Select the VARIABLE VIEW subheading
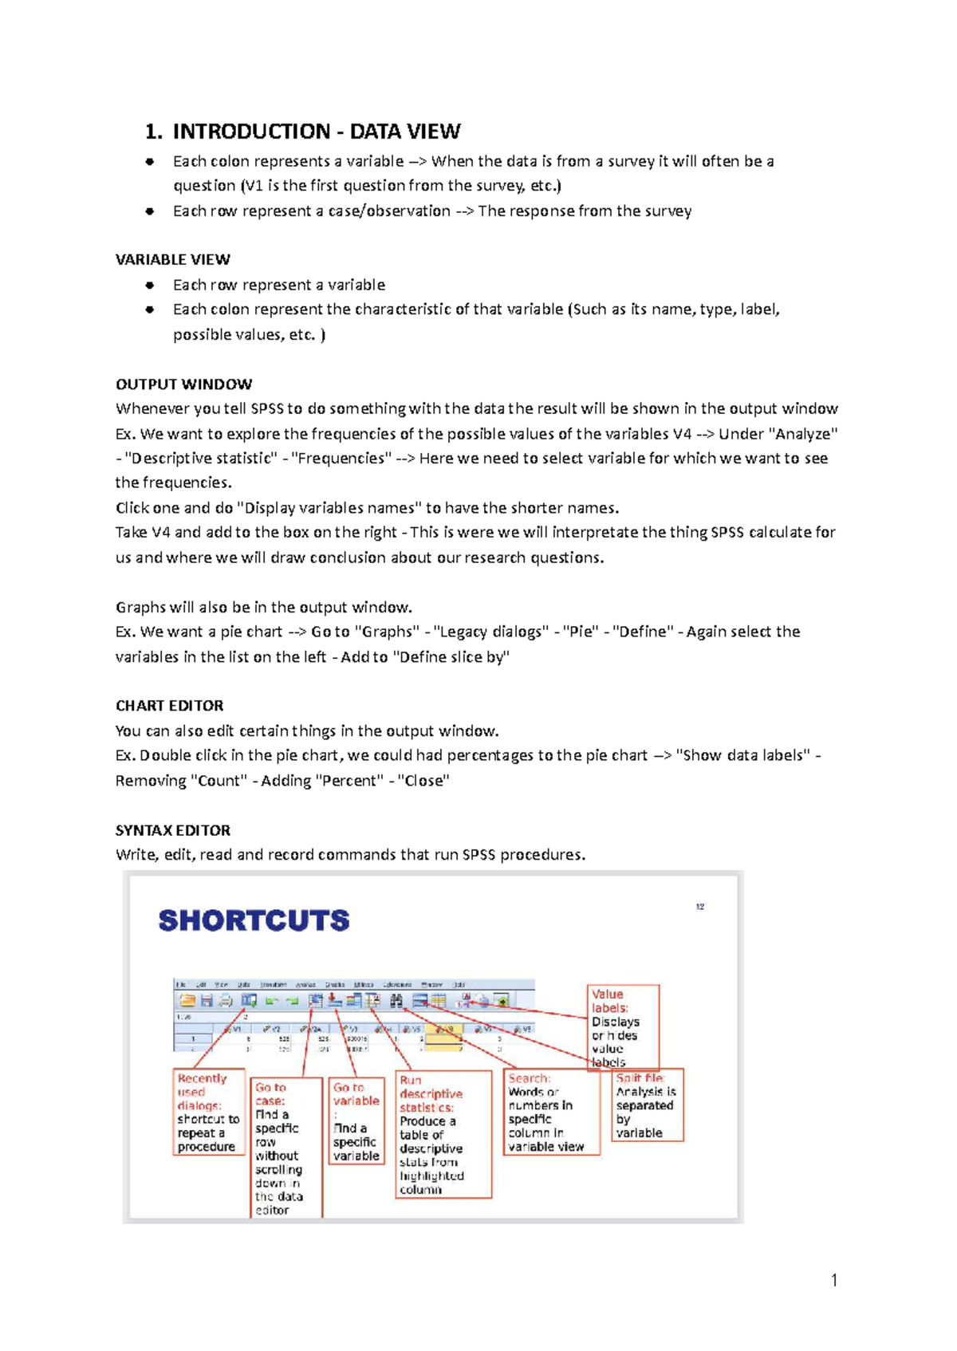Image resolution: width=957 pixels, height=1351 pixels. [172, 260]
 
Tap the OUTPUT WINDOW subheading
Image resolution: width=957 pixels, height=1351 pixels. [183, 384]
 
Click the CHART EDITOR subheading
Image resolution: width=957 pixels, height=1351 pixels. [169, 706]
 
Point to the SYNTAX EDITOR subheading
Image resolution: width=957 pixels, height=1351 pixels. [172, 830]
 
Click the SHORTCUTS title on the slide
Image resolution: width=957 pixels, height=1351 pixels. [254, 920]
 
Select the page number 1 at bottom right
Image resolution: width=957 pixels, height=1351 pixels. [834, 1280]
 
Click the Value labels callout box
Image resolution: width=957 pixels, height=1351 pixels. [623, 1027]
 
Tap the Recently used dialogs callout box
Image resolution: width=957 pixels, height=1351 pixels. [207, 1113]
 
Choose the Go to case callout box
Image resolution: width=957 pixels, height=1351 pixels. [285, 1148]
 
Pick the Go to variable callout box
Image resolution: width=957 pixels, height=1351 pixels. [356, 1121]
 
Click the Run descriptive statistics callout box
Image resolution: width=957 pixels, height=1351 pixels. [443, 1134]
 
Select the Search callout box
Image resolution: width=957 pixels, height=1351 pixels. [550, 1113]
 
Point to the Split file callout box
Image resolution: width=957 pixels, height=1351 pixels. [647, 1105]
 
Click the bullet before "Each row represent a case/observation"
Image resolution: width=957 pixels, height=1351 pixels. [149, 211]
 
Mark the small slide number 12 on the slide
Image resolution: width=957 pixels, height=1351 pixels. [699, 907]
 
